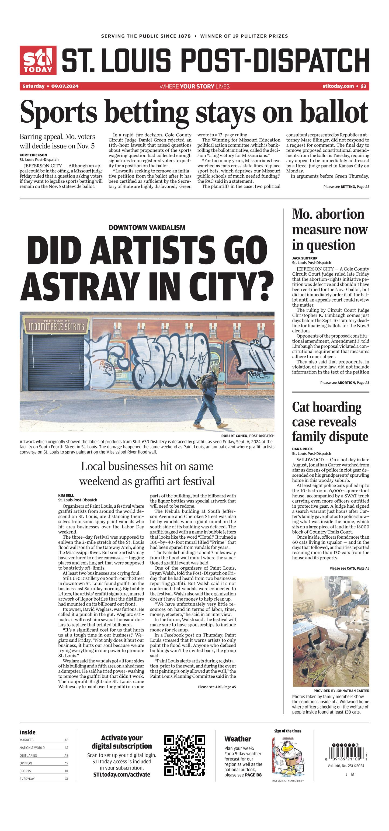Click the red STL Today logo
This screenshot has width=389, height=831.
[38, 60]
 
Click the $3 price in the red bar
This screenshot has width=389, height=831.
[363, 86]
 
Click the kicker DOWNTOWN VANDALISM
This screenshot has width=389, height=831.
[147, 227]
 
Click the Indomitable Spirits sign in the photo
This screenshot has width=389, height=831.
[57, 326]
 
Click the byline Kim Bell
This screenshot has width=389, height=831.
[66, 495]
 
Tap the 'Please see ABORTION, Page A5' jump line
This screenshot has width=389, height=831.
[345, 383]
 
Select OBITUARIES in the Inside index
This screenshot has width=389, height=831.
[28, 756]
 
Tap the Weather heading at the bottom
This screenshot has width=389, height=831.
[238, 739]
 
